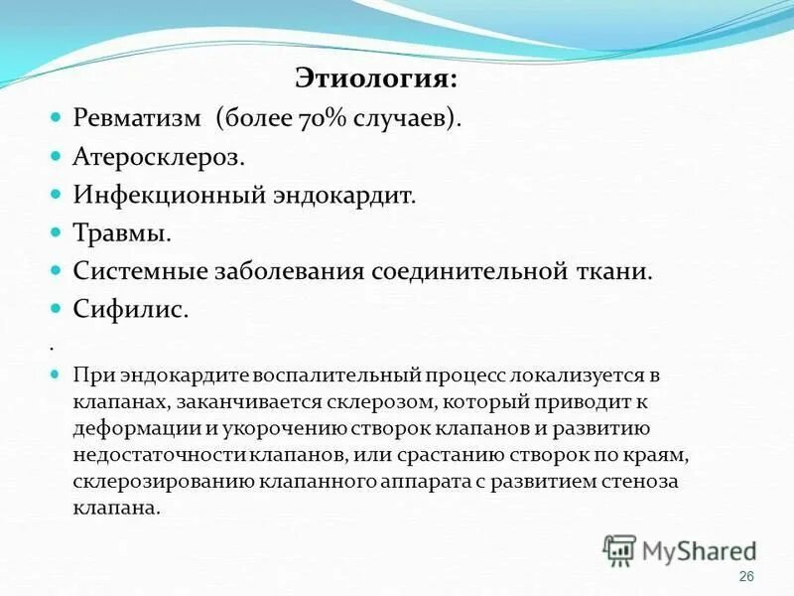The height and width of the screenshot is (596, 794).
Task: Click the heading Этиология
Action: (x=376, y=76)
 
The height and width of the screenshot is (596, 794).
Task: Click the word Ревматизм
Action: (x=138, y=117)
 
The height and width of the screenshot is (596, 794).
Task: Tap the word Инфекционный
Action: (x=165, y=195)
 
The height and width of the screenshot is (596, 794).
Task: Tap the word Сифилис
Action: (x=130, y=310)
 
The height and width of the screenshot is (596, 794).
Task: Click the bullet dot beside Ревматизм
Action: (x=57, y=117)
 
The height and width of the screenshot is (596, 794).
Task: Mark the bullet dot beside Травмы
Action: (x=57, y=233)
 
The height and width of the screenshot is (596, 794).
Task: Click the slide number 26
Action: (x=747, y=577)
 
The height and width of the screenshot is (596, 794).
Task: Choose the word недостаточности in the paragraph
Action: (x=145, y=454)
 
